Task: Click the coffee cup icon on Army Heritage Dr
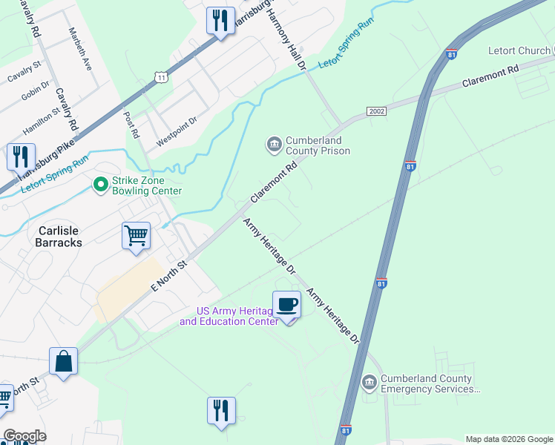pyautogui.click(x=286, y=304)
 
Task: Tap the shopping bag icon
pyautogui.click(x=63, y=361)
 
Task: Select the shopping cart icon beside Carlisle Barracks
pyautogui.click(x=136, y=236)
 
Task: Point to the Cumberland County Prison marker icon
pyautogui.click(x=274, y=143)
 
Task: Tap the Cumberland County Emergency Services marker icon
pyautogui.click(x=369, y=383)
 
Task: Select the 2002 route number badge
pyautogui.click(x=376, y=111)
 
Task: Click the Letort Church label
pyautogui.click(x=519, y=51)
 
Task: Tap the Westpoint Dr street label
pyautogui.click(x=177, y=131)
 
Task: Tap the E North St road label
pyautogui.click(x=170, y=274)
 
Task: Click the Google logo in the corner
pyautogui.click(x=24, y=436)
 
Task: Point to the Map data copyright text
pyautogui.click(x=509, y=439)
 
